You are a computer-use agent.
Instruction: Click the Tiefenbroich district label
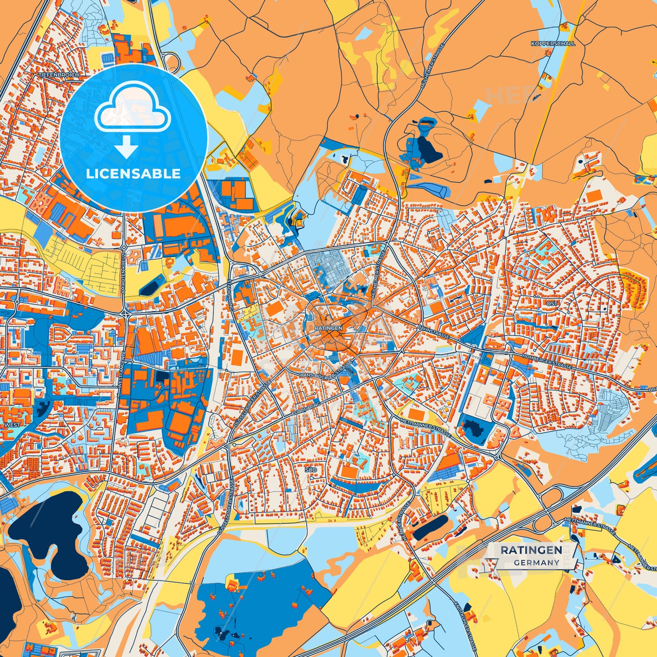coord(59,74)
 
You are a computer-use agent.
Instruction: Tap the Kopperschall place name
coord(552,44)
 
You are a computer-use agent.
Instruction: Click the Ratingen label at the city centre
coord(328,327)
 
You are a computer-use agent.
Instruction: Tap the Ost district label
coord(552,303)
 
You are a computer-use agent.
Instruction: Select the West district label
coord(12,425)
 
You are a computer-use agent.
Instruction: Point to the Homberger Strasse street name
coord(547,362)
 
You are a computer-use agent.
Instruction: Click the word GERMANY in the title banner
coord(537,562)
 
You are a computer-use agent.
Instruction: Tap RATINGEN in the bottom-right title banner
coord(531,550)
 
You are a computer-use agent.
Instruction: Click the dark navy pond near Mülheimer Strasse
coord(428,150)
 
